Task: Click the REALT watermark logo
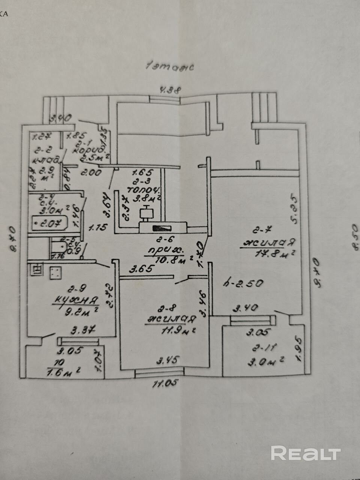306,453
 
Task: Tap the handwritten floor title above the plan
170,67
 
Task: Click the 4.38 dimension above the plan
171,90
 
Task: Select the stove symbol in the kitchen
55,273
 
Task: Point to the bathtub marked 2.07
48,224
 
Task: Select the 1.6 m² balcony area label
64,372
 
